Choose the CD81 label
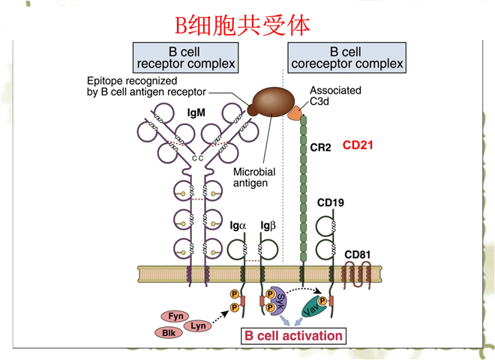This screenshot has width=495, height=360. (x=358, y=255)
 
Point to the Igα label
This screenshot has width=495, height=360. (x=237, y=225)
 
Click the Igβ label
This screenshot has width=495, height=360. (x=268, y=225)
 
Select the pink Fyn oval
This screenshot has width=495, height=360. (x=175, y=316)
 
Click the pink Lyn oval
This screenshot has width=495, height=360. (x=198, y=325)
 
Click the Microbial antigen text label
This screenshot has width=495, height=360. (x=253, y=177)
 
